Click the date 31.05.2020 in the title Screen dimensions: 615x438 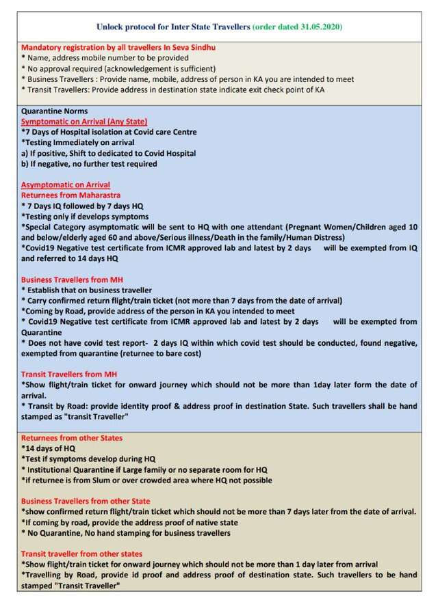(317, 27)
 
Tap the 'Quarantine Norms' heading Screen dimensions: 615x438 (54, 111)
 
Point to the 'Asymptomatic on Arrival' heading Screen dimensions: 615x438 (66, 184)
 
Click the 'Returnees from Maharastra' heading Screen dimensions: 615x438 (70, 195)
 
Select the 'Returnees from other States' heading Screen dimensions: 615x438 (72, 438)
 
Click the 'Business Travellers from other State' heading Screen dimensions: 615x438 (86, 501)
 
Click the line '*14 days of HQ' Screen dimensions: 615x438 (49, 448)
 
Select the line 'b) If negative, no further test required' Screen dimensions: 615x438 (89, 163)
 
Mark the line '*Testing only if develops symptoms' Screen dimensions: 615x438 (85, 216)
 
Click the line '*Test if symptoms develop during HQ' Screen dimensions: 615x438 (89, 459)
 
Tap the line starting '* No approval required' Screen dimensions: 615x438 (118, 68)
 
